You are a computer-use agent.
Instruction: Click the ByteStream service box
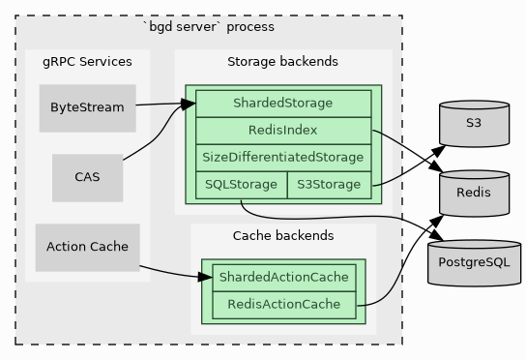87,107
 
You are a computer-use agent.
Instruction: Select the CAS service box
87,177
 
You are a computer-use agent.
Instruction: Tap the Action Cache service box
87,247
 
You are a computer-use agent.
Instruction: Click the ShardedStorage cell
282,103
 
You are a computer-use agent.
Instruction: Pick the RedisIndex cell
282,130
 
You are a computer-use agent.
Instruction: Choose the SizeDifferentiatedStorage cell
282,157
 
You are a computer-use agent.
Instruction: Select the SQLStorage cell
241,184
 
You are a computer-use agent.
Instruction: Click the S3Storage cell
329,184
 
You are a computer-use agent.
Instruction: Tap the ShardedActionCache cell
283,278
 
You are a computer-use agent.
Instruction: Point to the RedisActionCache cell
283,305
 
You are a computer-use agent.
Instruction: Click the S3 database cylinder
473,123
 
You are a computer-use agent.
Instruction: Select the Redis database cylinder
473,193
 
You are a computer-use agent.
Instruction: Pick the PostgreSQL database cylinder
473,261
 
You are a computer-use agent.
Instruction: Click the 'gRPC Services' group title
87,62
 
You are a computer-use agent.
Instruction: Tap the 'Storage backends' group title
282,62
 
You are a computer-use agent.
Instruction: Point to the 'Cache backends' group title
283,235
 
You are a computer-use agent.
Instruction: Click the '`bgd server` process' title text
208,26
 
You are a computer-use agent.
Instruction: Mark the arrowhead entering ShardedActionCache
206,278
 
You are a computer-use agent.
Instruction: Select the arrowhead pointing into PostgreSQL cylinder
437,235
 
